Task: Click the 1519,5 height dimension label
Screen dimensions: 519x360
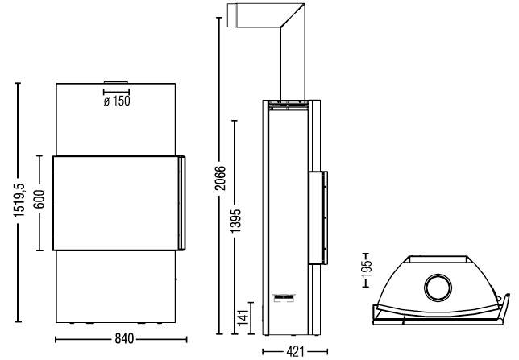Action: coord(19,200)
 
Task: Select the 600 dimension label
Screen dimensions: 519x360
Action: coord(39,199)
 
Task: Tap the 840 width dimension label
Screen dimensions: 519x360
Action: coord(124,339)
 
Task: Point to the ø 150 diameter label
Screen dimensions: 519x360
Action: coord(117,101)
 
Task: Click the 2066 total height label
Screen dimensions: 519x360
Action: coord(220,178)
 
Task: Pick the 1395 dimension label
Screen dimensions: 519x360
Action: coord(235,221)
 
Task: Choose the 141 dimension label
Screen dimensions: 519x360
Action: coord(243,317)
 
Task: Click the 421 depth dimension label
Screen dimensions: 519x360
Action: coord(295,351)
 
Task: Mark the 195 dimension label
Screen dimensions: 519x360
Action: coord(367,268)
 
